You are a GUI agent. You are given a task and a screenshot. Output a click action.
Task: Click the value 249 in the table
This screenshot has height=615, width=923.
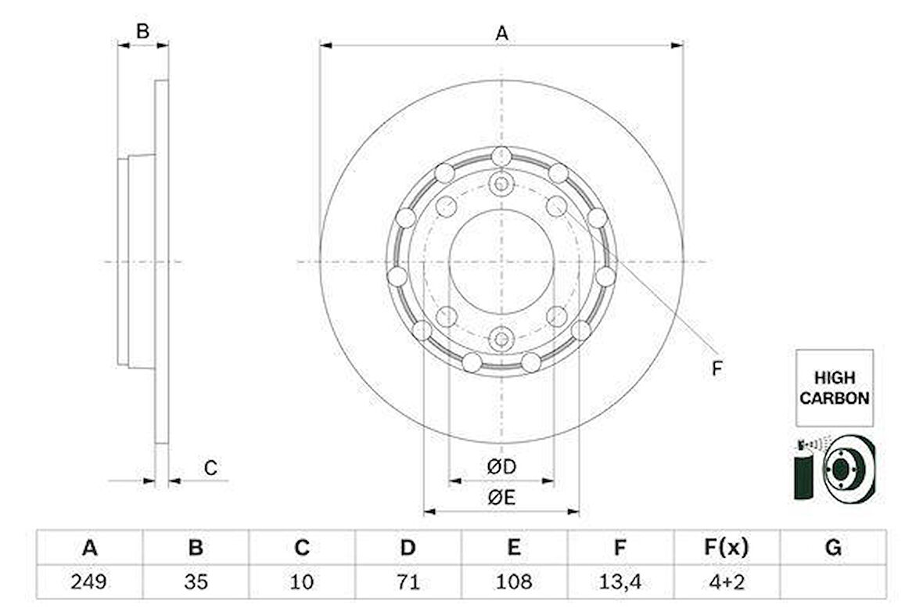(89, 581)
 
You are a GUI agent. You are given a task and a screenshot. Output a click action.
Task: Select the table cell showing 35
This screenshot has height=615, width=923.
(196, 581)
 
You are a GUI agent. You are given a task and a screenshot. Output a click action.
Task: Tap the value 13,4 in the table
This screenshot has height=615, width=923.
(620, 581)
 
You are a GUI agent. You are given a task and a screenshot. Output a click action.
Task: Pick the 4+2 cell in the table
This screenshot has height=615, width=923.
(727, 581)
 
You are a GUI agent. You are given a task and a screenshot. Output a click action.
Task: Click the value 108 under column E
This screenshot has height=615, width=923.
(514, 581)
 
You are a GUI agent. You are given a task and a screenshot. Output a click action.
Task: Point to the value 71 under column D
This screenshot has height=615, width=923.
(408, 581)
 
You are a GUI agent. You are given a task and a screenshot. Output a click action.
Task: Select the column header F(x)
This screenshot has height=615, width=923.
(727, 547)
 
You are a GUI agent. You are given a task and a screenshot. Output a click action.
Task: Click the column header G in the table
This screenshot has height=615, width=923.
(833, 547)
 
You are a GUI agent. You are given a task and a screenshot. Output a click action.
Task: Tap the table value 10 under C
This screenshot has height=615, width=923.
(301, 581)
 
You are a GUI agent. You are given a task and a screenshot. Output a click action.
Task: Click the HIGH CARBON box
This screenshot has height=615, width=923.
(835, 387)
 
